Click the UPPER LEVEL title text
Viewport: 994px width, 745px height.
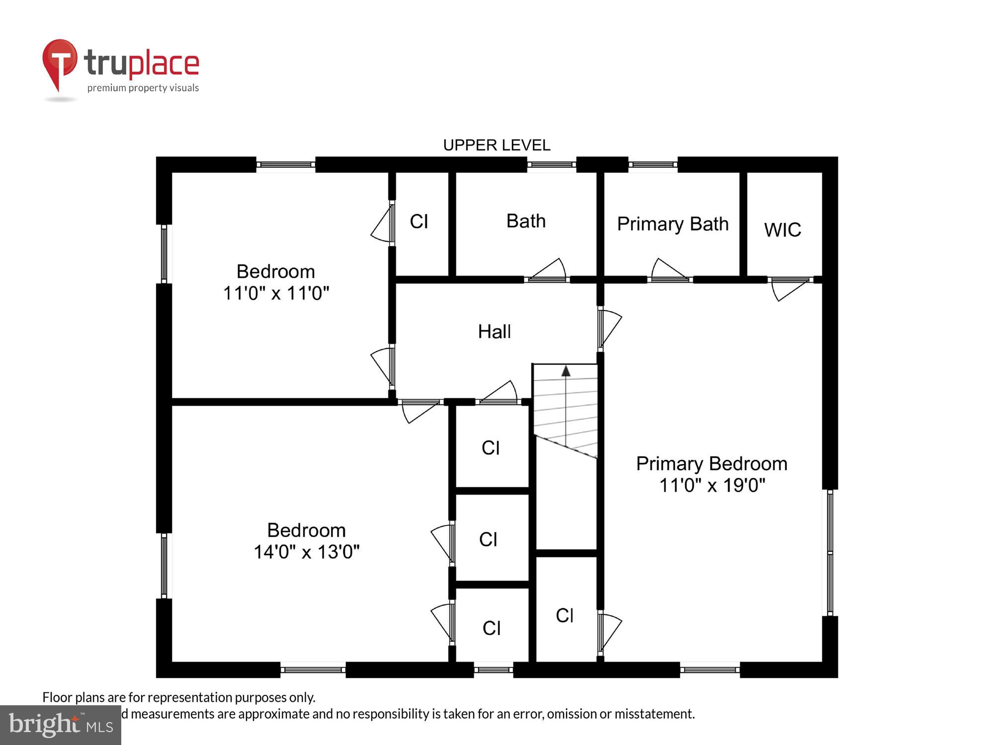[x=497, y=145]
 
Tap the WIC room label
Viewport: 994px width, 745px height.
[x=782, y=230]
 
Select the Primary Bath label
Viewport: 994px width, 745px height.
[x=672, y=224]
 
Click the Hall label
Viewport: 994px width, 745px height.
[x=494, y=332]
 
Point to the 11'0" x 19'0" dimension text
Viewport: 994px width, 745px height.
[x=712, y=485]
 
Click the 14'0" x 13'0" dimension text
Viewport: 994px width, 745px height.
[x=306, y=552]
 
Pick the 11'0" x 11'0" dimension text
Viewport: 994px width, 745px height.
[x=276, y=293]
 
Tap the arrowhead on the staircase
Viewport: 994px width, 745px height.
[x=566, y=371]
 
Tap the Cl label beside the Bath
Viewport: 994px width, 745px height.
[x=419, y=222]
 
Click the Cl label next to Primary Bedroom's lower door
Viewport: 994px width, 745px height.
[x=565, y=616]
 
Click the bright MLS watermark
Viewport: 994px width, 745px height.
[x=61, y=725]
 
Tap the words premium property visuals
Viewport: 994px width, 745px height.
[x=143, y=88]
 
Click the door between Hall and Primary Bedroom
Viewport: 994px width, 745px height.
[x=608, y=328]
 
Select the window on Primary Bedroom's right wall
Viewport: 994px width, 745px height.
[x=829, y=552]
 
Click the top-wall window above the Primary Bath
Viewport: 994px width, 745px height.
[x=653, y=164]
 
